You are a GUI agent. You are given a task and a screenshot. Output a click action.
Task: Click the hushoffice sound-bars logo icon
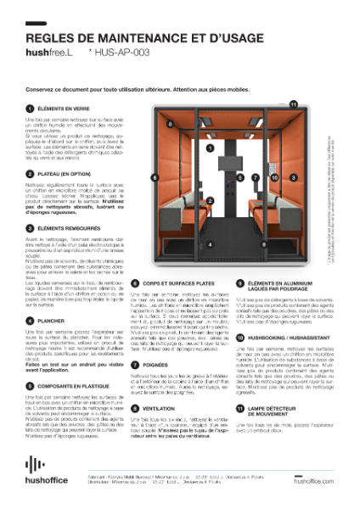[34, 465]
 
